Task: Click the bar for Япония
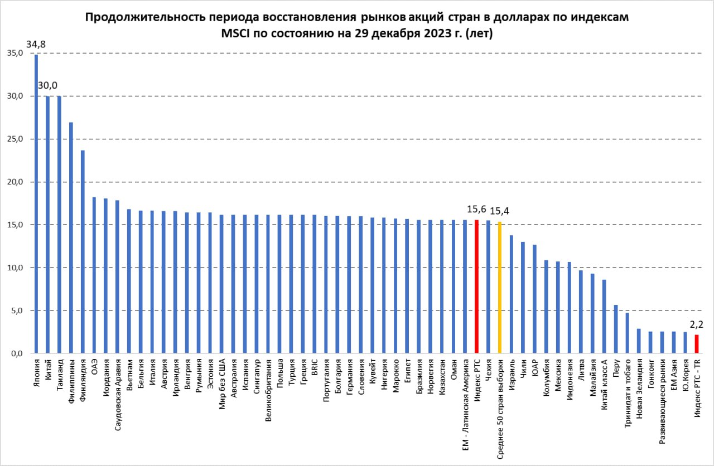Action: coord(36,203)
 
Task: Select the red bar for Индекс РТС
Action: coord(476,287)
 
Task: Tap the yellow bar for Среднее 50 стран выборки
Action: coord(499,288)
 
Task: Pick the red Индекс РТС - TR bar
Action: coord(697,344)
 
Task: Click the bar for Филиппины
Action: coord(71,237)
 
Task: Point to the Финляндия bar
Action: coord(83,251)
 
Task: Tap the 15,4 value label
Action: coord(499,211)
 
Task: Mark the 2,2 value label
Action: coord(696,324)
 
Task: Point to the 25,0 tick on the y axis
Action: coord(14,139)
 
